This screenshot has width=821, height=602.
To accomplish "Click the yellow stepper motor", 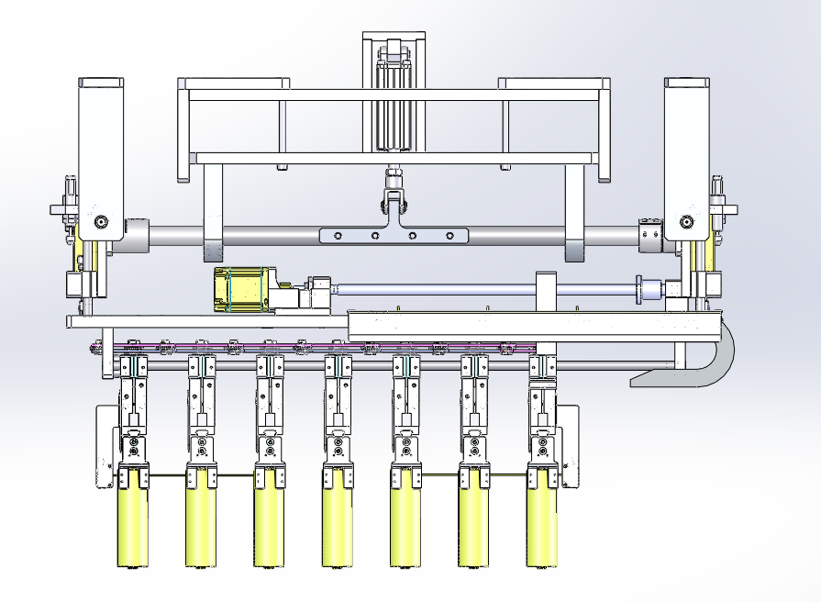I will [x=239, y=289].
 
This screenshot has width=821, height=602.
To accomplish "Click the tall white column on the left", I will [x=101, y=156].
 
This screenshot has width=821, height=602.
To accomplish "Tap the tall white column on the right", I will [x=686, y=156].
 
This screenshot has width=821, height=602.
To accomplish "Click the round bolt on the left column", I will [x=100, y=221].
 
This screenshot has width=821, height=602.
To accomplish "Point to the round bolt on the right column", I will [x=685, y=221].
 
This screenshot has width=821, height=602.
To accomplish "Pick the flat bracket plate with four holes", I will [x=394, y=236].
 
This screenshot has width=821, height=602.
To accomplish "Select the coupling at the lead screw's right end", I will [x=649, y=290].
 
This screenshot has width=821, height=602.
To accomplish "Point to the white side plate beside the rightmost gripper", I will [x=569, y=445].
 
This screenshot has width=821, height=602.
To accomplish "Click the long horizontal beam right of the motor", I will [x=532, y=324].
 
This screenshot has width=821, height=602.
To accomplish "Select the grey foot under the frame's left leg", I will [x=212, y=250].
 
